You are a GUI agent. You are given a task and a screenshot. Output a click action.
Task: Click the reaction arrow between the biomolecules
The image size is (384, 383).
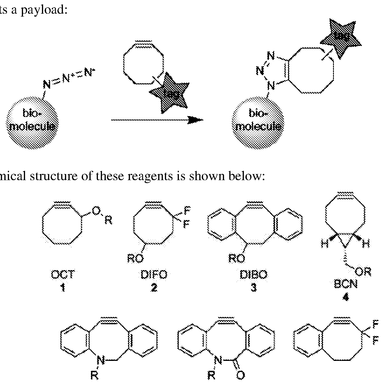click(x=157, y=120)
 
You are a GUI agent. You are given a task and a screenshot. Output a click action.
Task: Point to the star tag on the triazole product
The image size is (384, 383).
click(x=341, y=36)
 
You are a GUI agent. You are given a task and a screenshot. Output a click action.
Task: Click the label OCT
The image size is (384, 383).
click(x=62, y=274)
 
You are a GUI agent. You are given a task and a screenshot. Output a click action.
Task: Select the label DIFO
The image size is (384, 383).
click(x=154, y=274)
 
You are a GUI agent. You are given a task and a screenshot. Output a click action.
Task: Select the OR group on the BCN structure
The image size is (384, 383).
click(x=364, y=272)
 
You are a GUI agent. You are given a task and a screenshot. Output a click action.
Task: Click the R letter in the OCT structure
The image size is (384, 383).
click(x=108, y=221)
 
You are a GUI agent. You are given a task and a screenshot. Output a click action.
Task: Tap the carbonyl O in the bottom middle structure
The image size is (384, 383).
click(x=240, y=376)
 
